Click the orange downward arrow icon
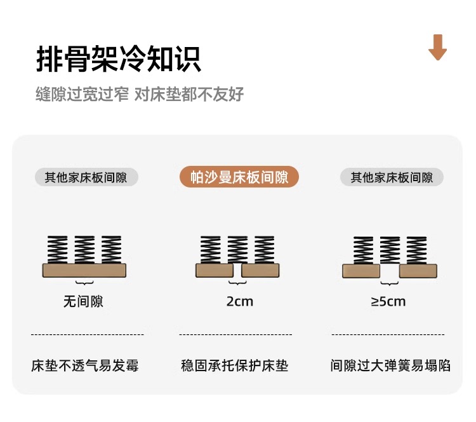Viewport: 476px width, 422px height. (x=438, y=48)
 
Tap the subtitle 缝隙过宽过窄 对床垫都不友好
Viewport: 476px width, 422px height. (x=140, y=95)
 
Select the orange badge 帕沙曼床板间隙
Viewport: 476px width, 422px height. (x=238, y=177)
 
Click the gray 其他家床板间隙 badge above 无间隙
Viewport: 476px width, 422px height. (x=86, y=177)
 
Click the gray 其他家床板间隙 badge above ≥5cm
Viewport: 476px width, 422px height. (x=392, y=177)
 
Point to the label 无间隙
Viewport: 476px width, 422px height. (x=83, y=301)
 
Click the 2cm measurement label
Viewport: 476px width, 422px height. (x=239, y=301)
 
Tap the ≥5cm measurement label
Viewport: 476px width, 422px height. (x=388, y=301)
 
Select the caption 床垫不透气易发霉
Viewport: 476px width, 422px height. (x=85, y=366)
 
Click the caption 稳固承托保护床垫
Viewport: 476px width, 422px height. (x=235, y=366)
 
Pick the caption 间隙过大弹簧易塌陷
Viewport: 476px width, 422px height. (x=390, y=366)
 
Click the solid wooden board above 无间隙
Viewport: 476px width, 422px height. (x=84, y=270)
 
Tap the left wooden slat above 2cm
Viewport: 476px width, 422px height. (x=215, y=271)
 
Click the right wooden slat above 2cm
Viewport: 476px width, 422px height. (x=260, y=271)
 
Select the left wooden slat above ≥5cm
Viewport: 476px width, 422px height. (x=361, y=271)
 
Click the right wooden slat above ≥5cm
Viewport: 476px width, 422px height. (x=418, y=271)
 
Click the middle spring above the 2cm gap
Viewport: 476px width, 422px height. (x=237, y=250)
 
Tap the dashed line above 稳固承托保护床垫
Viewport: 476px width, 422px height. (x=235, y=334)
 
